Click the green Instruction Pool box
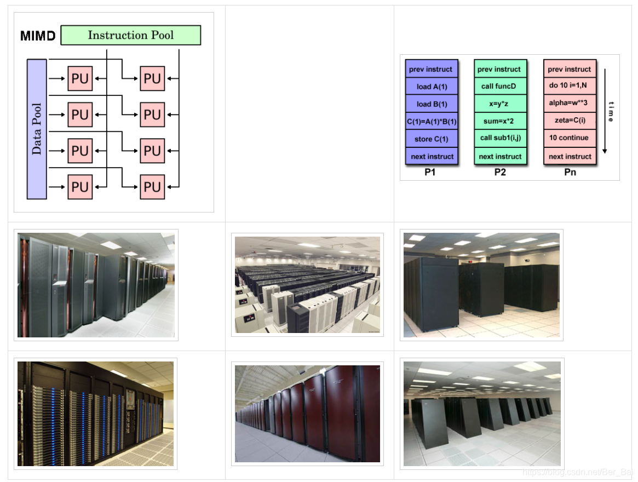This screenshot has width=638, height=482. (x=131, y=35)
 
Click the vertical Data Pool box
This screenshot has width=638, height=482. (x=37, y=129)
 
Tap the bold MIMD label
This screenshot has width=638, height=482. (x=38, y=36)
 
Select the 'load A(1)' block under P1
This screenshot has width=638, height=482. (x=432, y=87)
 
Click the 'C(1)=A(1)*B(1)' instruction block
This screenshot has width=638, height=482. (x=432, y=122)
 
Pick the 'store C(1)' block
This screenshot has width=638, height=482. (x=432, y=139)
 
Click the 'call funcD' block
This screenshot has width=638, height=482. (x=499, y=86)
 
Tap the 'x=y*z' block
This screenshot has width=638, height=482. (x=499, y=104)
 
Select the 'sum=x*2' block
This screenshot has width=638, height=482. (x=499, y=120)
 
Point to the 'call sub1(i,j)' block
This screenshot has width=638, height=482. (x=499, y=137)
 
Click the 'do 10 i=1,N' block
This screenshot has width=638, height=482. (x=570, y=86)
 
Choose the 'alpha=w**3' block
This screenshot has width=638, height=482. (x=570, y=103)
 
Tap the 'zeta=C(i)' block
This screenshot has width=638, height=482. (x=570, y=120)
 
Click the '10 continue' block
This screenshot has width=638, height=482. (x=570, y=137)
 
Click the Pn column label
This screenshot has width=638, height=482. (x=570, y=172)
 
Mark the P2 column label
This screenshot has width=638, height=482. (x=500, y=172)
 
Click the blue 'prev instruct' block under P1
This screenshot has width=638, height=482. (x=432, y=69)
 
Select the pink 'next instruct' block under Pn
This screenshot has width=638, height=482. (x=570, y=156)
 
